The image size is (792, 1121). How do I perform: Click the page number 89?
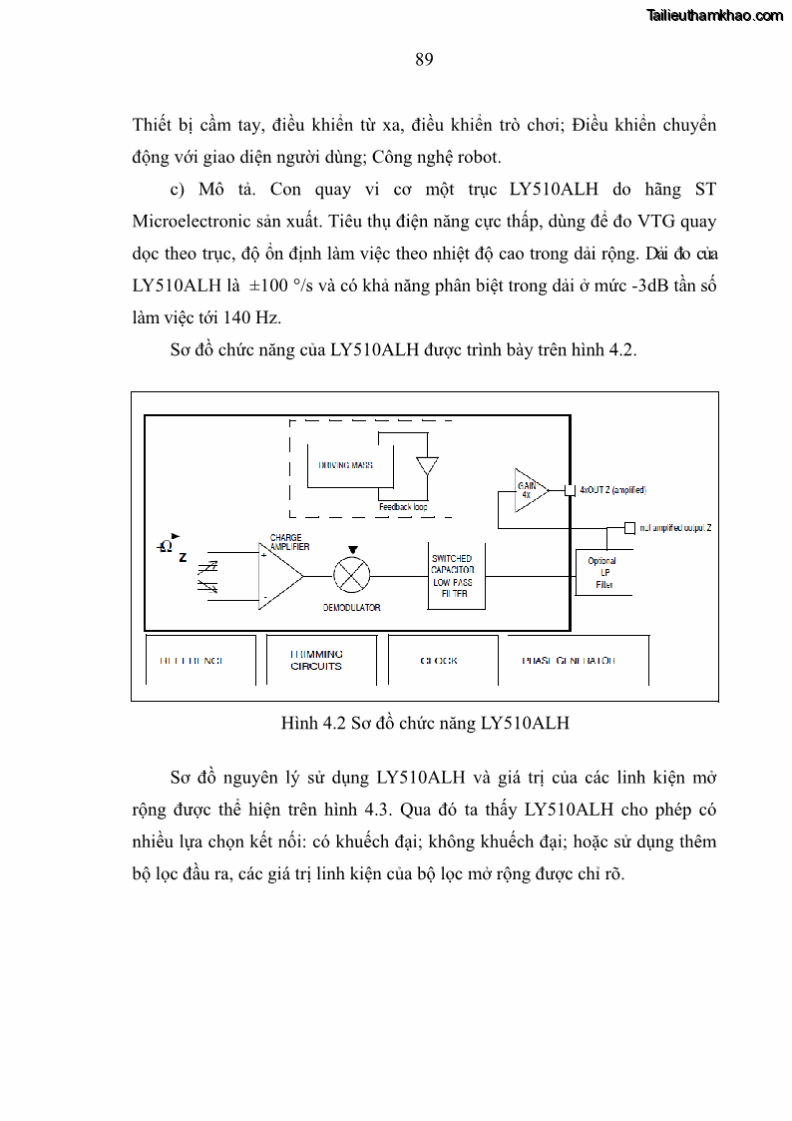click(x=424, y=60)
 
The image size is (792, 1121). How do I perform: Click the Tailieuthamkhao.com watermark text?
click(x=714, y=15)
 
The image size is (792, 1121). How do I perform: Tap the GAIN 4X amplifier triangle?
click(x=530, y=489)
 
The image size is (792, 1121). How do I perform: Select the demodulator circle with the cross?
click(x=351, y=575)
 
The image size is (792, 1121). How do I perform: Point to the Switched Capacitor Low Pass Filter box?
click(x=455, y=576)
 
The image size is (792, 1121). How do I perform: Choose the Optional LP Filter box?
click(x=603, y=572)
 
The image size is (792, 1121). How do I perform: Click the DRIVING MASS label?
click(x=346, y=465)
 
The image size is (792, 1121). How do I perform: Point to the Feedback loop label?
click(x=403, y=507)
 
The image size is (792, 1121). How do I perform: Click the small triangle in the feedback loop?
click(x=427, y=466)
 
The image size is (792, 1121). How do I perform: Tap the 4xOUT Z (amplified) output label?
click(x=612, y=490)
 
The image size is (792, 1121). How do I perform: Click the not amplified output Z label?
click(x=675, y=527)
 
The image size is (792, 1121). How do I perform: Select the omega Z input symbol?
click(x=172, y=548)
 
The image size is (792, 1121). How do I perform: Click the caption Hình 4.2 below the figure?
click(x=425, y=723)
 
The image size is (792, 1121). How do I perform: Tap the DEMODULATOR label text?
click(x=351, y=607)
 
